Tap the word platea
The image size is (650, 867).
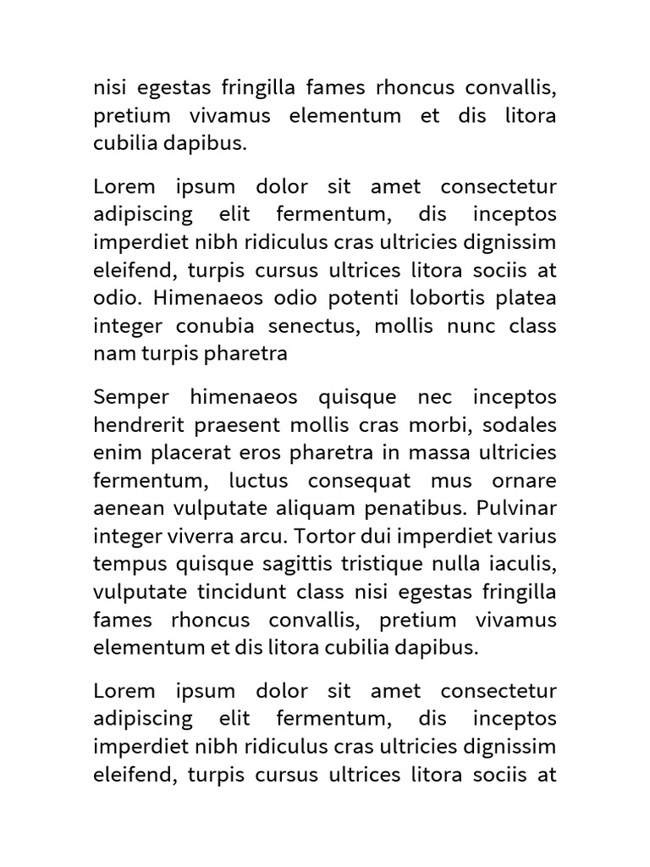tap(527, 299)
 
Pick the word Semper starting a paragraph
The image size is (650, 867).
tap(131, 398)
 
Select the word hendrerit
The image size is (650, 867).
tap(136, 425)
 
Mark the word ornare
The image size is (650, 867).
tap(528, 481)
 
